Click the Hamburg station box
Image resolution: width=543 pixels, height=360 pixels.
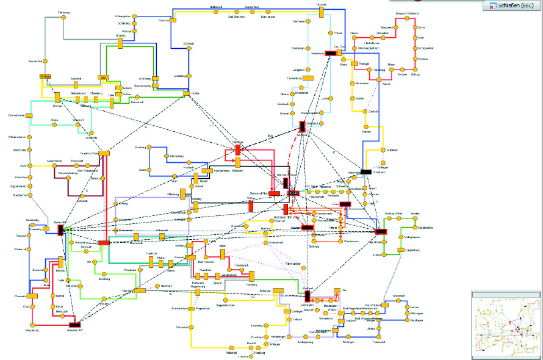(44, 77)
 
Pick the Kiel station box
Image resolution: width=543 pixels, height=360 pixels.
(104, 78)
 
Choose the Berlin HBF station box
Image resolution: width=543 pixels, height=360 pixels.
(61, 229)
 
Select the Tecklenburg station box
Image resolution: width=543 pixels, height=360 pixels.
(309, 78)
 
